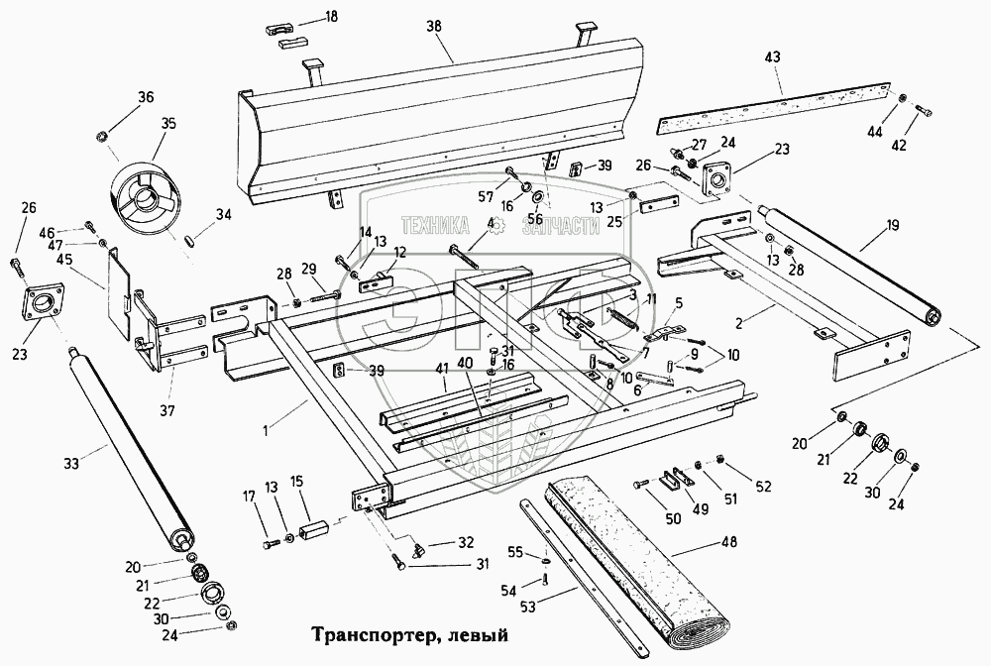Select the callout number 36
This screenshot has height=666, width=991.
[x=146, y=97]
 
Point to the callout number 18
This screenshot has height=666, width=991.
[x=331, y=16]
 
